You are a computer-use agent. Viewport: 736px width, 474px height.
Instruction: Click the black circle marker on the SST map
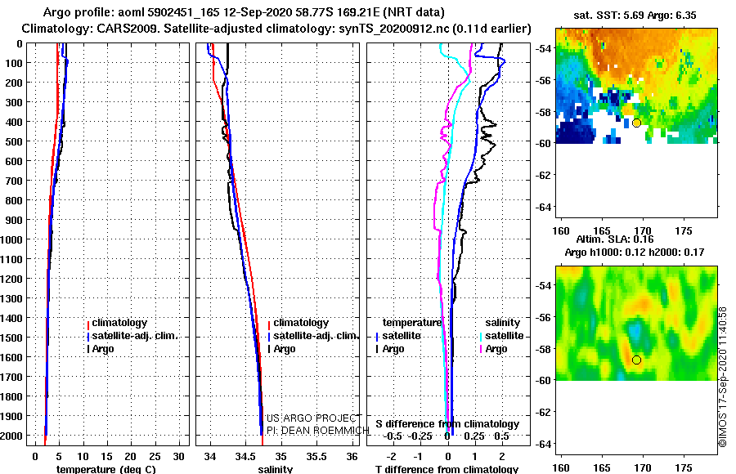point(636,123)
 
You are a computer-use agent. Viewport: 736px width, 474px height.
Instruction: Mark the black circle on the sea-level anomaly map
point(636,360)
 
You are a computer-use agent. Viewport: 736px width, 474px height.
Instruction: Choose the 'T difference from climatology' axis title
point(447,469)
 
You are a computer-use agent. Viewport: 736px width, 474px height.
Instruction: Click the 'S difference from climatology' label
point(447,424)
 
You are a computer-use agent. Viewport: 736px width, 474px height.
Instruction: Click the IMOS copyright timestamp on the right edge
point(723,376)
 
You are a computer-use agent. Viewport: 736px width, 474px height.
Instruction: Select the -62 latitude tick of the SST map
point(542,174)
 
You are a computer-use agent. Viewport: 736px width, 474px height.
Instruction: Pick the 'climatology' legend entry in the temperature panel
point(119,323)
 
